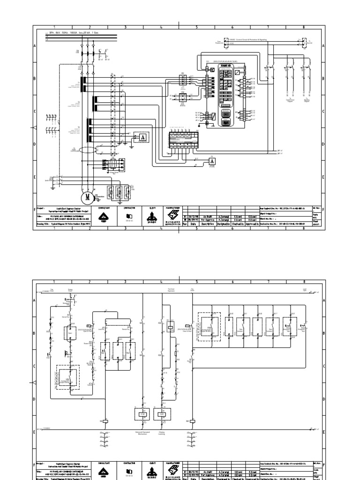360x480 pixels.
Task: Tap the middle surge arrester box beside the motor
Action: coord(120,192)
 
